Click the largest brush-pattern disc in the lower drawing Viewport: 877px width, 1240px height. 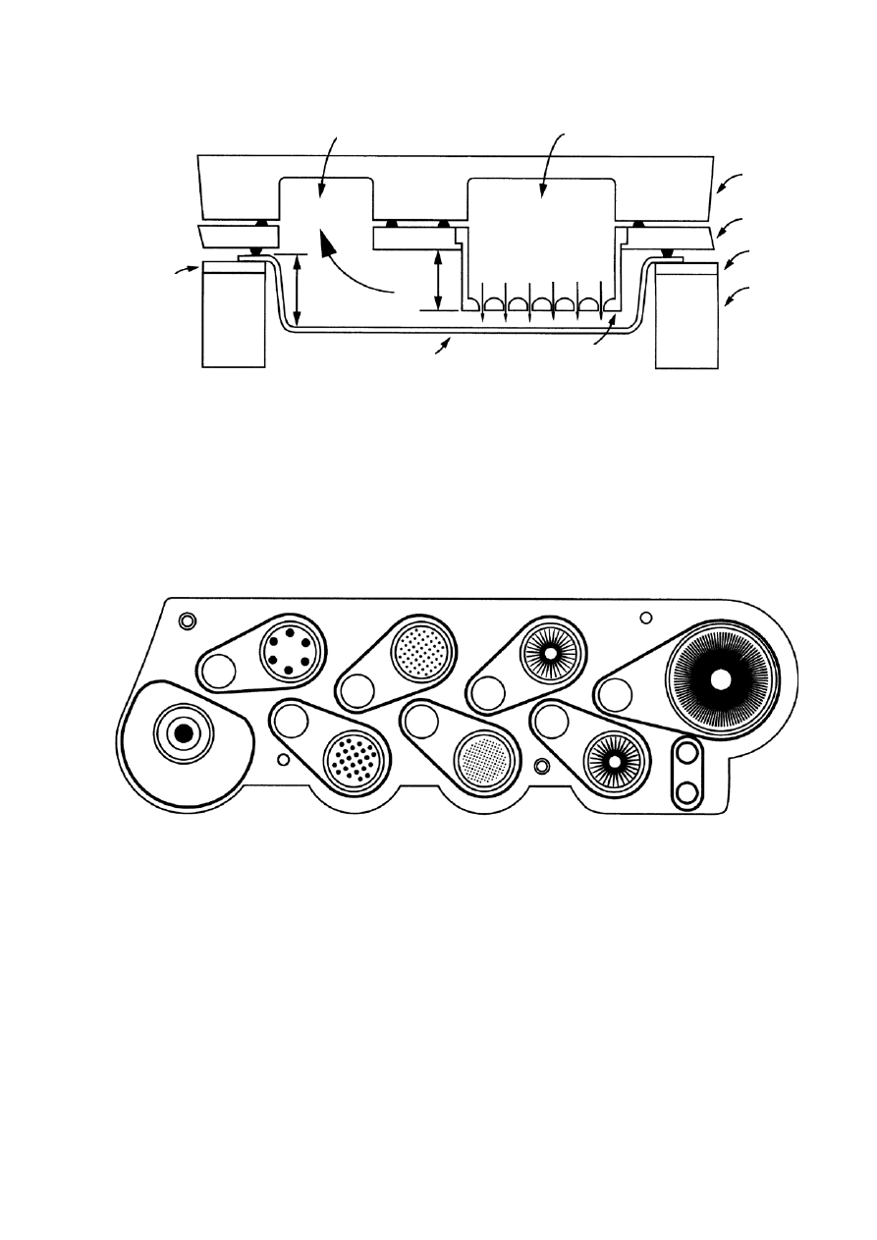coord(722,679)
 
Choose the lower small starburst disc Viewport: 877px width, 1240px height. coord(613,759)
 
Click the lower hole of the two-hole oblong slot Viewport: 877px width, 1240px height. coord(686,790)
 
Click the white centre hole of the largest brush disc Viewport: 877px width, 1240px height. coord(722,679)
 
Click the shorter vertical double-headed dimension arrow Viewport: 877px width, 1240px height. coord(437,280)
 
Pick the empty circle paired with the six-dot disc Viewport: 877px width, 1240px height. coord(218,672)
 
